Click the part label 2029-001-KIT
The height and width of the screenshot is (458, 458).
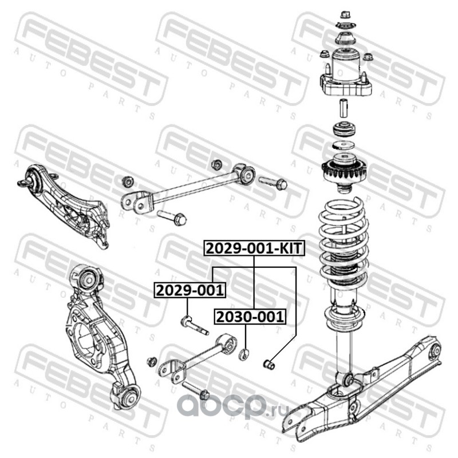point(254,248)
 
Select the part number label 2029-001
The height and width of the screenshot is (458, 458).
point(190,290)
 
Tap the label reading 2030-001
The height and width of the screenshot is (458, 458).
point(250,317)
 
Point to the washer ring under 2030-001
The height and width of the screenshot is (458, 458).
point(244,354)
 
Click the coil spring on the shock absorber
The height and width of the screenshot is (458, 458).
point(343,242)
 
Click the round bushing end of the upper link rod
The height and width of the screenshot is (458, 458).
point(247,175)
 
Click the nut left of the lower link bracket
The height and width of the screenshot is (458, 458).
point(151,362)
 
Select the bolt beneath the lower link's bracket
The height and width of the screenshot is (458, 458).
point(196,391)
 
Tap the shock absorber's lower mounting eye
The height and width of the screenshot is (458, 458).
point(348,380)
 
